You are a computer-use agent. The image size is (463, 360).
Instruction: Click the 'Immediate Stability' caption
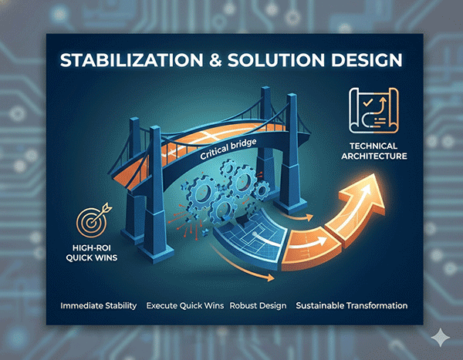click(x=98, y=306)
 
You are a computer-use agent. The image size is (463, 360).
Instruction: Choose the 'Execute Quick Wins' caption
click(x=185, y=306)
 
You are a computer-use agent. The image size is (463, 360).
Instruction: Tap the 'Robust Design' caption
click(x=259, y=306)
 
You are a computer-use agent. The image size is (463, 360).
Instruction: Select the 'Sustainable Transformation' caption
click(x=351, y=306)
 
